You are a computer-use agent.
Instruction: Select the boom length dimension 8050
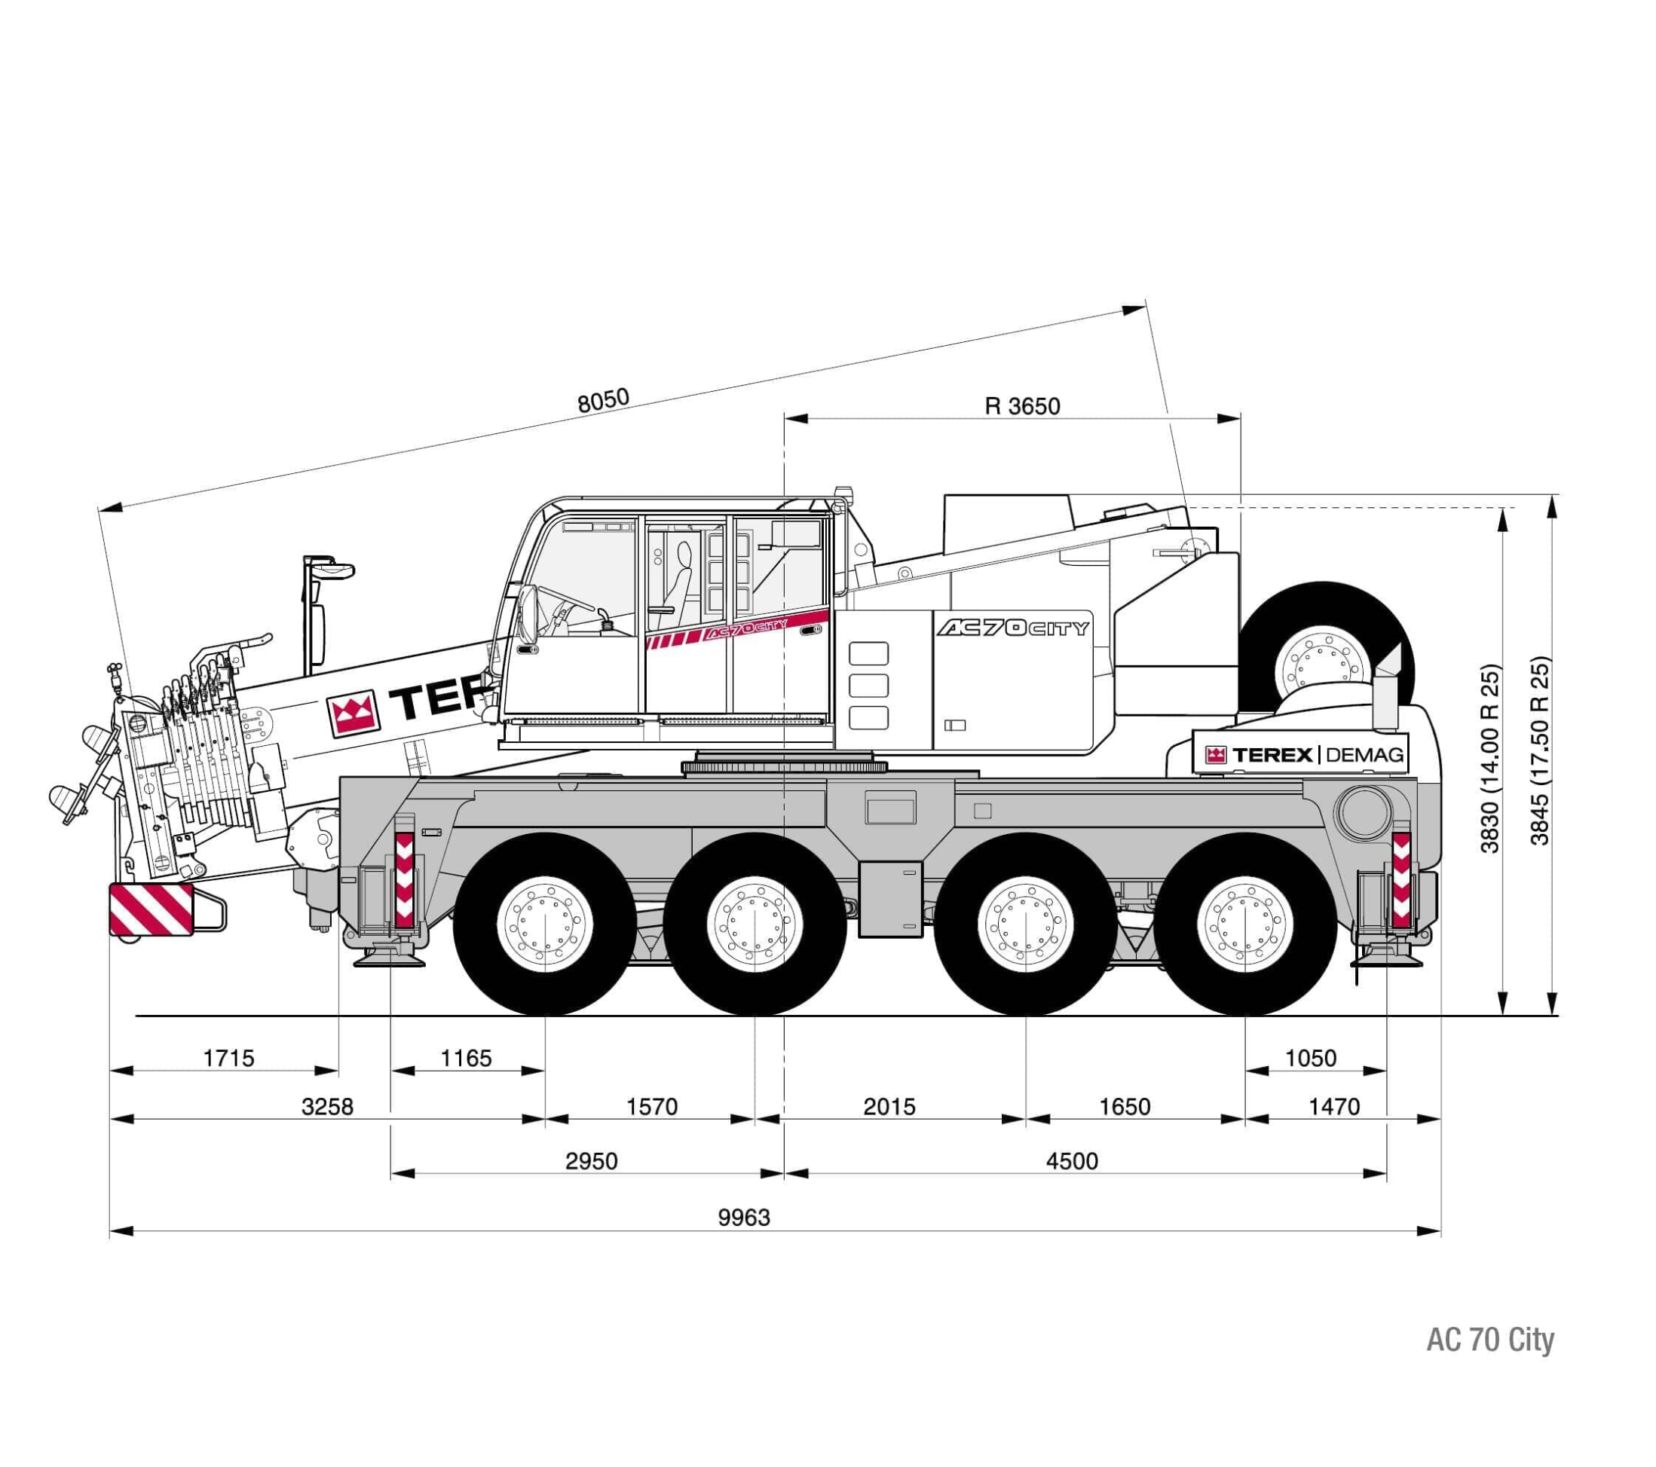603,400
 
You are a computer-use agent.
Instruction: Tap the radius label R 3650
1021,406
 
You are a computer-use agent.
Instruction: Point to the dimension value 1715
228,1058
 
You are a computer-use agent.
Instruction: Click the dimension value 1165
466,1058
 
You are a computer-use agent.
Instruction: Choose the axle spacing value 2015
889,1107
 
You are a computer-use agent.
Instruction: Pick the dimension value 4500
1071,1161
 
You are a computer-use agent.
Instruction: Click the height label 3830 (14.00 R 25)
1490,759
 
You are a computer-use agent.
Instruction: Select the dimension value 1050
1310,1058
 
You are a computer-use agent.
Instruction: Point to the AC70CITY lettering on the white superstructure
1013,628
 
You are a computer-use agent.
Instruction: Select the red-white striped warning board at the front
152,909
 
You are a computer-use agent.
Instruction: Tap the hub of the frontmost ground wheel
544,924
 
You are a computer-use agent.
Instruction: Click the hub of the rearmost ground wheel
1244,924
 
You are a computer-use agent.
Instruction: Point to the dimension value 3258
327,1107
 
